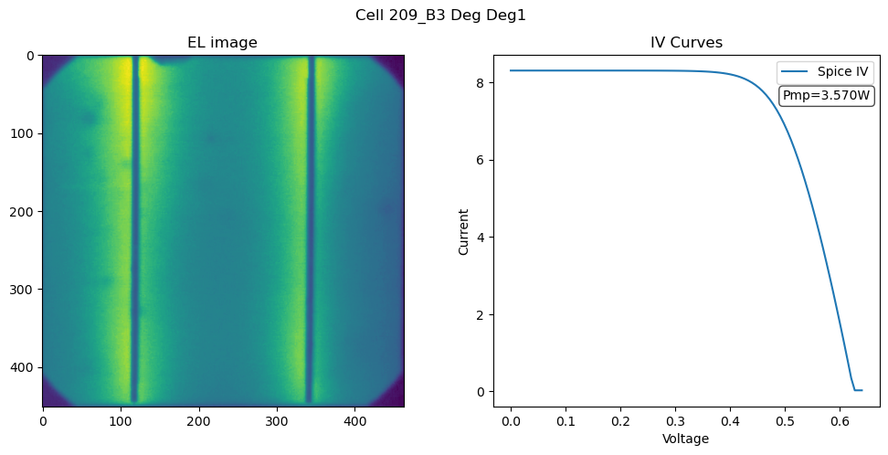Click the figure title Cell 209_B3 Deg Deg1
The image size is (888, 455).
pyautogui.click(x=440, y=16)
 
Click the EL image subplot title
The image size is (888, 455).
pyautogui.click(x=223, y=43)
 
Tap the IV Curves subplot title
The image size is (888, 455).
pyautogui.click(x=686, y=43)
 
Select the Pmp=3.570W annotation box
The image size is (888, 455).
pyautogui.click(x=826, y=95)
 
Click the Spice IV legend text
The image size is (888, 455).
pyautogui.click(x=842, y=71)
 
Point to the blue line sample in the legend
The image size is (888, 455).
pyautogui.click(x=794, y=71)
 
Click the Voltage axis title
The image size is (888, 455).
pyautogui.click(x=685, y=439)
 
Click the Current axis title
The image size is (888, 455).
pyautogui.click(x=464, y=232)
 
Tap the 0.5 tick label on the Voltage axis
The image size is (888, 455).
pyautogui.click(x=785, y=421)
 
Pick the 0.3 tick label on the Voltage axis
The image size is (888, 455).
pyautogui.click(x=676, y=421)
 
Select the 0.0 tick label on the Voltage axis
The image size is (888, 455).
pyautogui.click(x=511, y=421)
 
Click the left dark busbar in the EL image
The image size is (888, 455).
pyautogui.click(x=134, y=229)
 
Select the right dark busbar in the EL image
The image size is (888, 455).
pyautogui.click(x=309, y=229)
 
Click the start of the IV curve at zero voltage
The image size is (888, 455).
pyautogui.click(x=511, y=70)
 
